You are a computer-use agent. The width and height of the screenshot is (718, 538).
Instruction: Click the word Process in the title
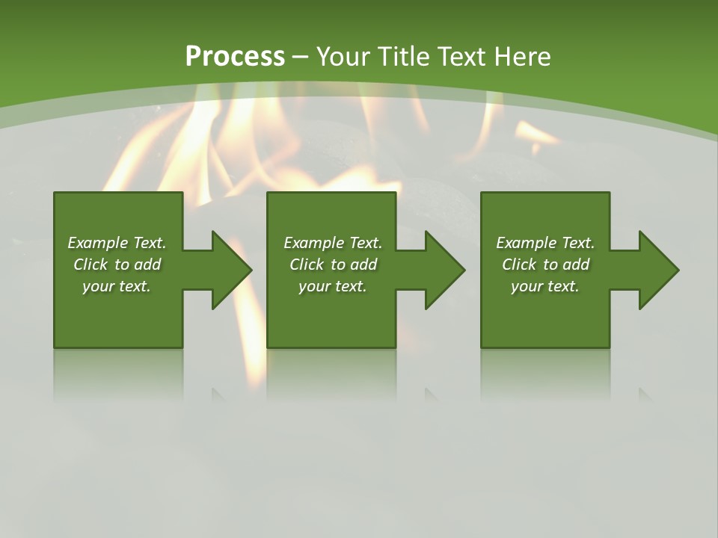click(235, 57)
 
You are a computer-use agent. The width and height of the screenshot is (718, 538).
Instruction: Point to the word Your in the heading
click(344, 57)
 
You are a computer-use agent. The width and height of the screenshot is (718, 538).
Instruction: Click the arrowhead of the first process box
click(231, 270)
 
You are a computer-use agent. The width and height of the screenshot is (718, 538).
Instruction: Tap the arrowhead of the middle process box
click(445, 270)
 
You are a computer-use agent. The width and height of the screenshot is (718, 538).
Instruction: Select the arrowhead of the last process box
click(658, 270)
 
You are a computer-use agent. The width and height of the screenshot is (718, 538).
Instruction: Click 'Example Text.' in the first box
click(117, 243)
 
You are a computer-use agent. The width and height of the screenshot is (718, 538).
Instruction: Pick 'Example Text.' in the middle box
click(333, 243)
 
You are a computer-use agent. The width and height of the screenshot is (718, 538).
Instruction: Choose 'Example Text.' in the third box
click(545, 243)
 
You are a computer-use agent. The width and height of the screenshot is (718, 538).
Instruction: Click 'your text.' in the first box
click(117, 286)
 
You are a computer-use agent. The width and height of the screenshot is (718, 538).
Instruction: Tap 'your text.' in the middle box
click(333, 286)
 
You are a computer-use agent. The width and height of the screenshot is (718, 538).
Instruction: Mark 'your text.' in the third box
click(545, 286)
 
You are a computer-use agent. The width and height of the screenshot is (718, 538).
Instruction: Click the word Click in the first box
click(90, 265)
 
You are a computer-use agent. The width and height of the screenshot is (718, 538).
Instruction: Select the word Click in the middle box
click(307, 265)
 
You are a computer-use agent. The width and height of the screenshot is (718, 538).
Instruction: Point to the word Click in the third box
click(519, 265)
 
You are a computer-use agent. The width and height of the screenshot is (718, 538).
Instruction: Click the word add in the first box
click(147, 265)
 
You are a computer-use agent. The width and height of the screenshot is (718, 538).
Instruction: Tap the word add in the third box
click(576, 265)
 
